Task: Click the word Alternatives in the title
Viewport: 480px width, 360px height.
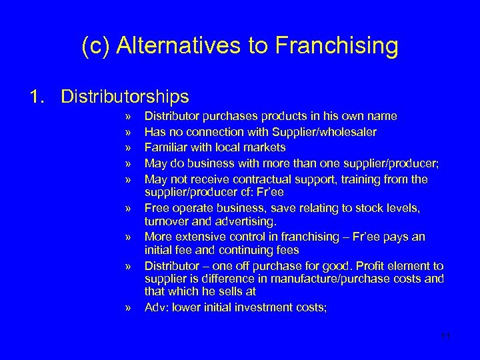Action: pyautogui.click(x=177, y=46)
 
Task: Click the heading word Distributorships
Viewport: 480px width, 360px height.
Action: pyautogui.click(x=125, y=97)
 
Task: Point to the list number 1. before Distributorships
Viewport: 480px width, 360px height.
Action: pyautogui.click(x=37, y=97)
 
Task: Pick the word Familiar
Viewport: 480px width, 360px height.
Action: pyautogui.click(x=165, y=147)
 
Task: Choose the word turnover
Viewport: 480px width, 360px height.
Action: pyautogui.click(x=167, y=221)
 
